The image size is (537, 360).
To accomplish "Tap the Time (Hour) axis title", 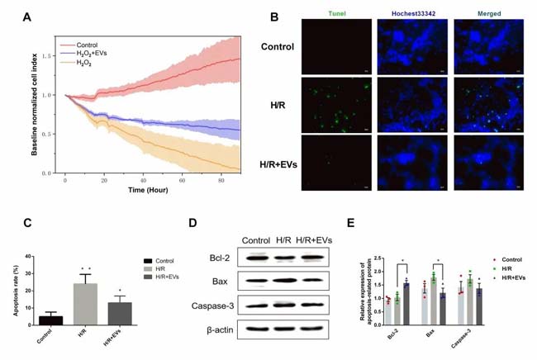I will click(147, 191).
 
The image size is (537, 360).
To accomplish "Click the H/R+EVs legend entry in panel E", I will click(514, 307).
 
